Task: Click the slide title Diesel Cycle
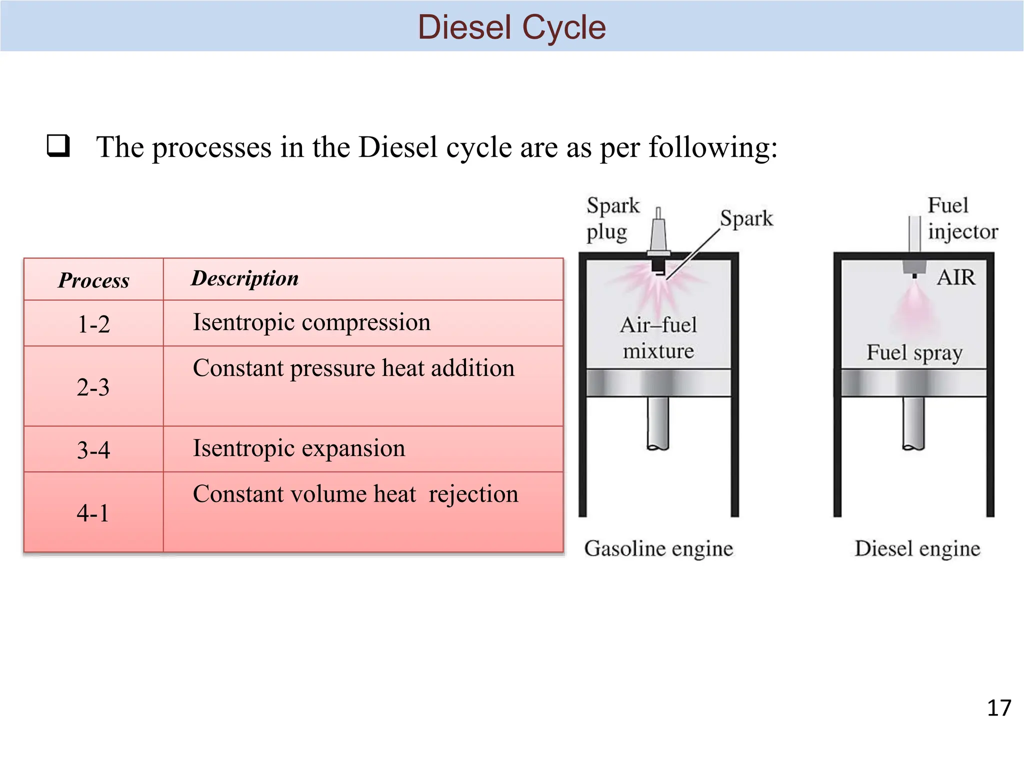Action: (x=511, y=27)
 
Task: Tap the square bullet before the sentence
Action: (x=58, y=146)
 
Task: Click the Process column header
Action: (x=93, y=280)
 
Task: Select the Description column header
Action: (x=245, y=278)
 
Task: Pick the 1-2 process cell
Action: (x=93, y=324)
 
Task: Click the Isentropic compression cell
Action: (x=311, y=322)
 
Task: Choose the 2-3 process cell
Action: (x=93, y=387)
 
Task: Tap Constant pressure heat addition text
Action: (x=353, y=368)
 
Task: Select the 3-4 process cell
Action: (x=93, y=449)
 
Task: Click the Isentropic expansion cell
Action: (x=299, y=448)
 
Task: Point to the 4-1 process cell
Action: (x=93, y=513)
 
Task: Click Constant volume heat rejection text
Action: (x=355, y=494)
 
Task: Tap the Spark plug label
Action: (x=612, y=219)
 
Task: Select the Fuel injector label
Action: (x=962, y=219)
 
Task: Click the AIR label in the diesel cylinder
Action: (x=955, y=277)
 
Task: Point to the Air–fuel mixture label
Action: (x=658, y=338)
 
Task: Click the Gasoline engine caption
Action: (x=658, y=548)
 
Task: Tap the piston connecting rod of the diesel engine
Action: (x=913, y=422)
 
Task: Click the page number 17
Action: (x=998, y=708)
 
